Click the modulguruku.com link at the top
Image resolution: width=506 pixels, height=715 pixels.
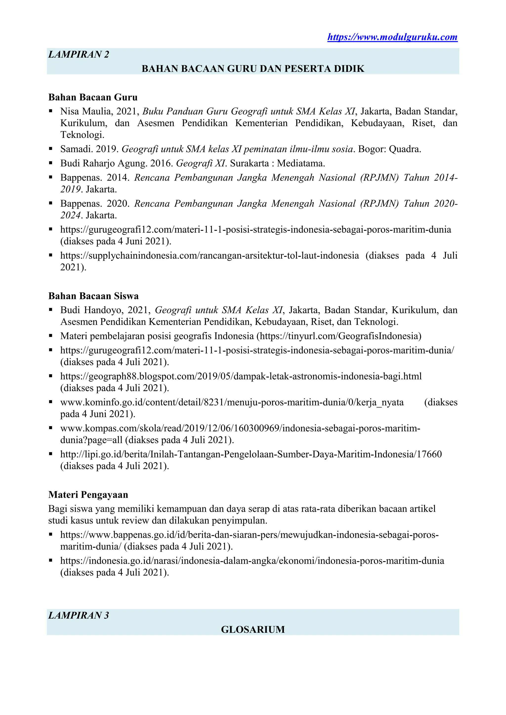[x=392, y=37]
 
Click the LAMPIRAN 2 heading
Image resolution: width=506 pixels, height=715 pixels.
[x=79, y=55]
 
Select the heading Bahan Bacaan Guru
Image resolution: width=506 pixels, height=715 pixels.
[x=93, y=97]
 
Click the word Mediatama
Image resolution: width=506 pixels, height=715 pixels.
[x=301, y=163]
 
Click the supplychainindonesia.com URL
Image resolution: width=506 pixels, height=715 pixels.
[x=209, y=256]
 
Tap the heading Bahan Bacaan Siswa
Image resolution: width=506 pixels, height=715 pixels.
[x=93, y=296]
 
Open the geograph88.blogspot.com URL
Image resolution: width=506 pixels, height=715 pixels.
[x=241, y=376]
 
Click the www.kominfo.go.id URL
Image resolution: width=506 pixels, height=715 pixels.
[x=232, y=402]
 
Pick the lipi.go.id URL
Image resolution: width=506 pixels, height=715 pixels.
[x=251, y=454]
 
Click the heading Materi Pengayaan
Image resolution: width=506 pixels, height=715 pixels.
[x=88, y=495]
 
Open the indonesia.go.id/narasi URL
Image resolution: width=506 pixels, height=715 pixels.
[x=252, y=561]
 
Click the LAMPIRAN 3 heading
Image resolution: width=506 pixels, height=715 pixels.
[x=79, y=615]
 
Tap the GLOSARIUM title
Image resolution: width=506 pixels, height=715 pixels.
[x=253, y=629]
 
